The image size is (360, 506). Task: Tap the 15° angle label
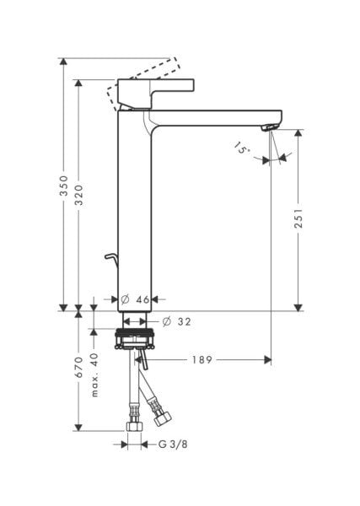pos(242,149)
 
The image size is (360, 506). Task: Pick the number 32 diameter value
pos(184,320)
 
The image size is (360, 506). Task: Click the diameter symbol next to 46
pos(124,299)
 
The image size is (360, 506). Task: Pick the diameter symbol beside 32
pos(166,320)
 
